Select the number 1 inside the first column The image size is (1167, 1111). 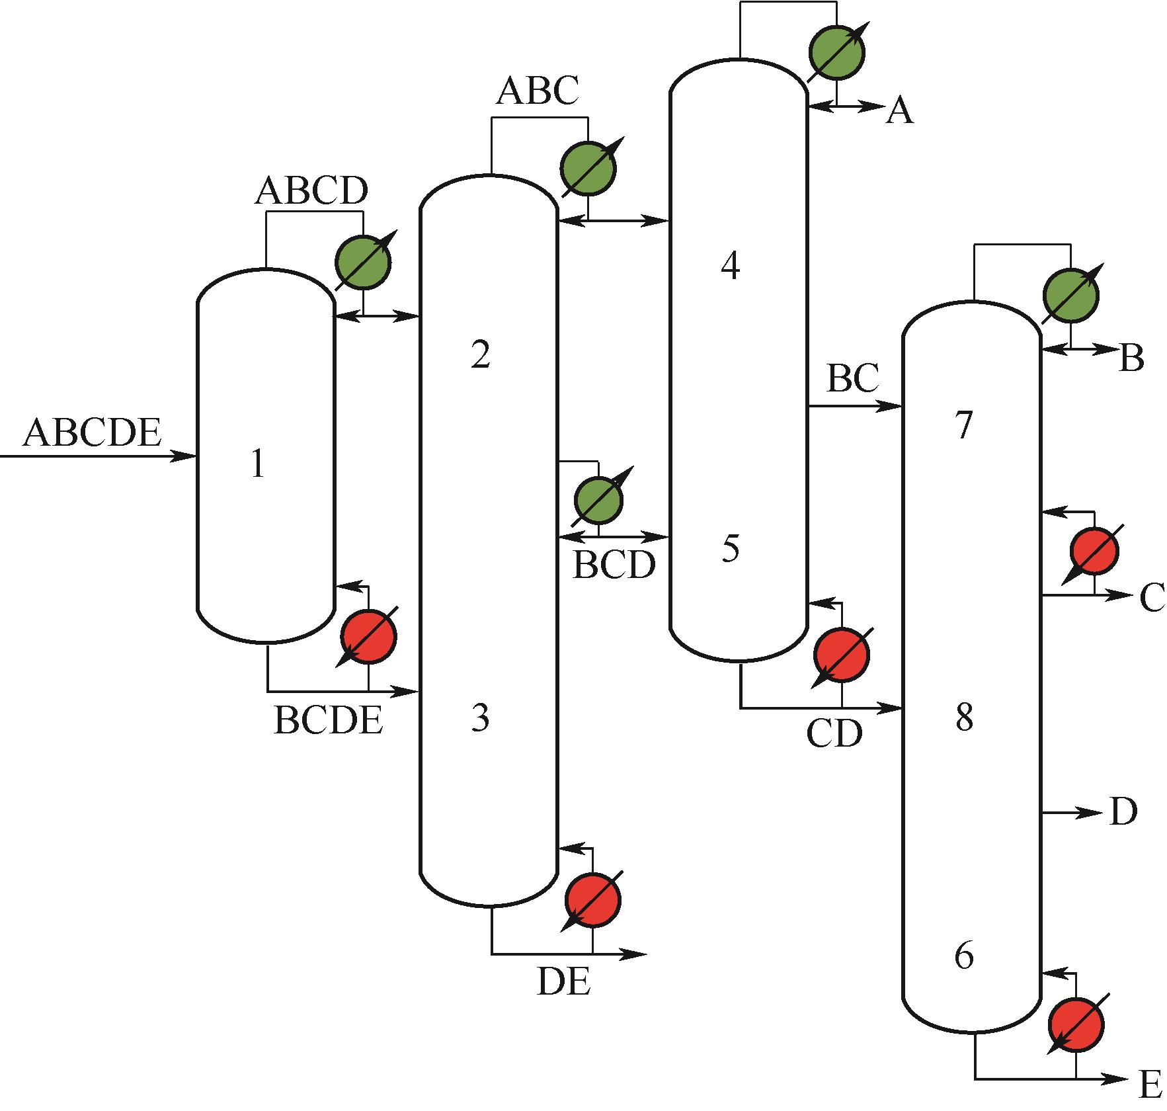[x=258, y=465]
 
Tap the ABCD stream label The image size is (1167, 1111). [x=311, y=191]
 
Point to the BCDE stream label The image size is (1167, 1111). [x=329, y=720]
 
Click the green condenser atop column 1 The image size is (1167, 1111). [x=363, y=261]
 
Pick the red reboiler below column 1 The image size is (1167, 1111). [x=368, y=636]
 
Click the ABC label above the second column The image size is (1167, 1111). [x=537, y=91]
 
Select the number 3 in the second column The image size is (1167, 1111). [x=481, y=718]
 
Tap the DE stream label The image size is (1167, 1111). [x=563, y=982]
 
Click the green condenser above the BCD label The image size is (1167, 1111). [x=598, y=499]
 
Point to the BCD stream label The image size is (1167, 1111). [x=614, y=565]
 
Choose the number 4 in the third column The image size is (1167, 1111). [x=730, y=267]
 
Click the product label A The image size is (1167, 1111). [x=899, y=111]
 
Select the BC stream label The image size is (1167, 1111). [x=853, y=379]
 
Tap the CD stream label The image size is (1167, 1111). [x=834, y=733]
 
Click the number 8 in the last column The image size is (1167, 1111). [x=965, y=718]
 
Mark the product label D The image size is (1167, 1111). [x=1123, y=812]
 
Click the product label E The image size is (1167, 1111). [x=1151, y=1086]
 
